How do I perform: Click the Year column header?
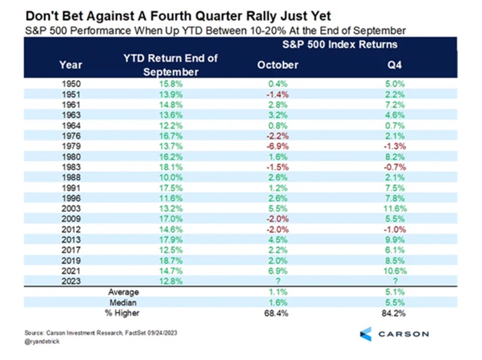pos(70,65)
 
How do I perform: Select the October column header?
pos(277,65)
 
